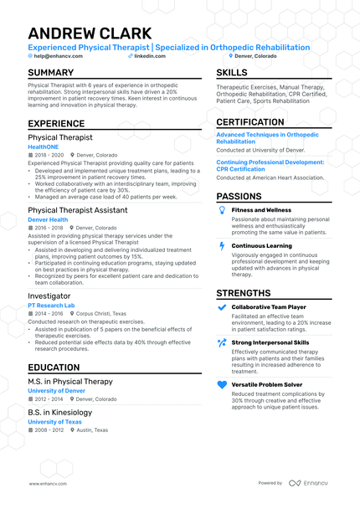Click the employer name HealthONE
(x=44, y=147)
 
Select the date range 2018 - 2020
(x=49, y=155)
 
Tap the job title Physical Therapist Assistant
(x=78, y=210)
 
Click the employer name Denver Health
(x=48, y=219)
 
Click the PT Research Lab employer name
(x=51, y=306)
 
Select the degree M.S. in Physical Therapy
(x=70, y=382)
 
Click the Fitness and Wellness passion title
(x=261, y=210)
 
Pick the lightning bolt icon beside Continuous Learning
(x=222, y=246)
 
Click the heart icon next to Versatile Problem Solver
(x=222, y=385)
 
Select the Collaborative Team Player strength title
(x=269, y=307)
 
